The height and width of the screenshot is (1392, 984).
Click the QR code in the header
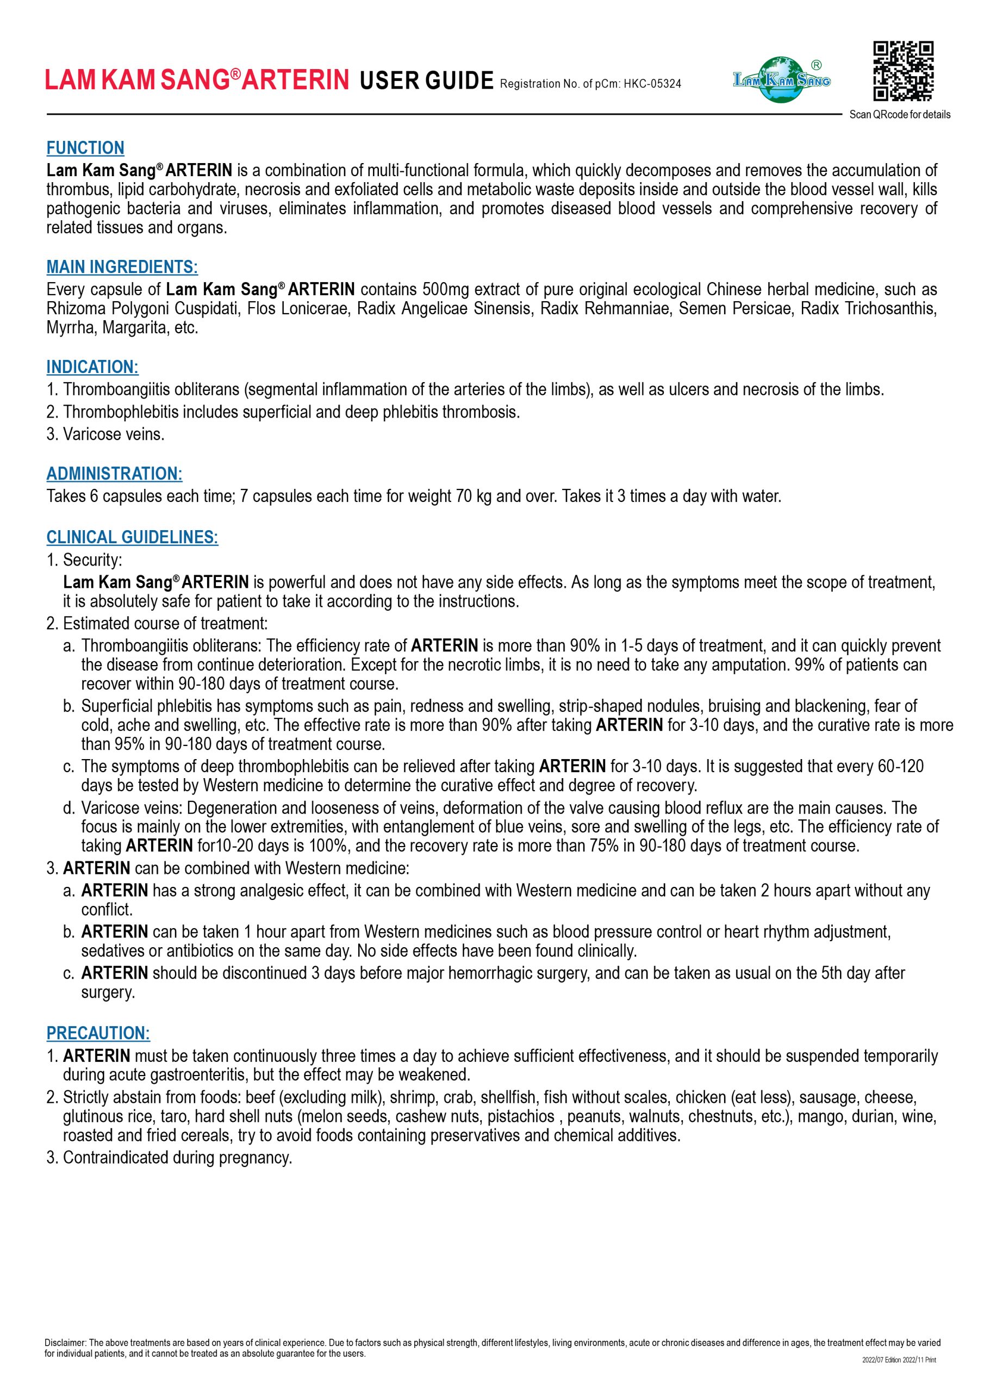(x=903, y=71)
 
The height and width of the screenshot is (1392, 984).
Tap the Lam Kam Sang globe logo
(x=782, y=79)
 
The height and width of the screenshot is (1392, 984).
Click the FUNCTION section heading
(x=85, y=148)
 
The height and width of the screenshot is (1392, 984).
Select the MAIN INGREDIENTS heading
(x=122, y=267)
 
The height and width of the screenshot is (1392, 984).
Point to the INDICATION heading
(x=93, y=367)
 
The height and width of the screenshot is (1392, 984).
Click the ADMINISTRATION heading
(x=115, y=474)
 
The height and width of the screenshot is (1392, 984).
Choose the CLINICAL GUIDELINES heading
(x=132, y=537)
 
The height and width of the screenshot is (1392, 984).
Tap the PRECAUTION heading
(x=98, y=1033)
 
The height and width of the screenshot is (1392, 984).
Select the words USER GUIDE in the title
(x=427, y=80)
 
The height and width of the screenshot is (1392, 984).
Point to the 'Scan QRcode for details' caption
(x=900, y=115)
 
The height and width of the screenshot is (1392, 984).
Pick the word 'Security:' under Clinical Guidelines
(x=93, y=560)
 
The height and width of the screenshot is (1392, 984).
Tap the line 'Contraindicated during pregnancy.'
(x=177, y=1158)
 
